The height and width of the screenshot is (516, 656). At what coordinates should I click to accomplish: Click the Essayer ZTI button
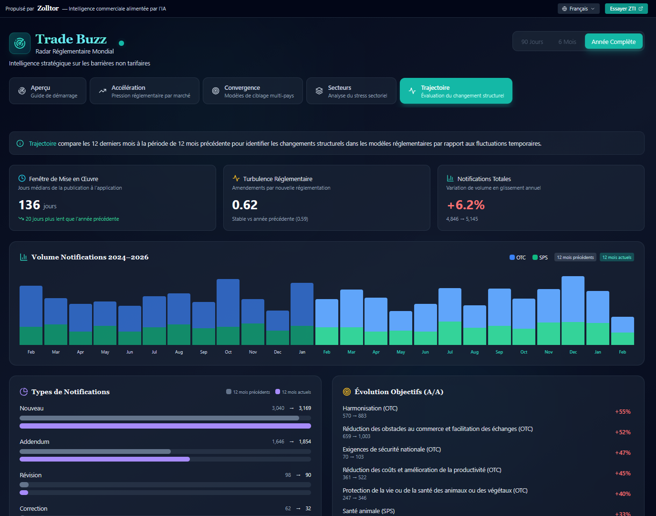626,9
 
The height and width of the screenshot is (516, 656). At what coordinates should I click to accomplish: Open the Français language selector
578,9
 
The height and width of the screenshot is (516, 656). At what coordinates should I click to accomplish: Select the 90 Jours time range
532,42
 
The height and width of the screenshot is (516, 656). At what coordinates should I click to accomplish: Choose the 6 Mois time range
567,42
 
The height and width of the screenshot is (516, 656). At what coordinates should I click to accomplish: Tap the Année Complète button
614,42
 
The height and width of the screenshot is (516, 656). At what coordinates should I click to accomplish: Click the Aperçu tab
48,91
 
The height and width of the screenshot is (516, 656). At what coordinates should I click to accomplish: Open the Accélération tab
145,91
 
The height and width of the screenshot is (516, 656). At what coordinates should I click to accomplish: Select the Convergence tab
253,91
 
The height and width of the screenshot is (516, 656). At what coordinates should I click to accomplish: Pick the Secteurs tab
351,91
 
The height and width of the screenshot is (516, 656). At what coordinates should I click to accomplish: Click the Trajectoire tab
456,91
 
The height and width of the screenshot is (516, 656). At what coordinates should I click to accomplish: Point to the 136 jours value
37,205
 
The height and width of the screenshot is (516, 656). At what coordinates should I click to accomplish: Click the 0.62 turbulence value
245,205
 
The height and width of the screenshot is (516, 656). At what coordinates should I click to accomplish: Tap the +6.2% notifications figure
466,205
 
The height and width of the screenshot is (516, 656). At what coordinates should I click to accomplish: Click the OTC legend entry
518,258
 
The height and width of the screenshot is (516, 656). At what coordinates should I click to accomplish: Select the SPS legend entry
540,258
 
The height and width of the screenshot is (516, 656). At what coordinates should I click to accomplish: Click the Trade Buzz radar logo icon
20,43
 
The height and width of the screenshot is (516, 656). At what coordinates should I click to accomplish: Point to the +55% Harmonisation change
623,411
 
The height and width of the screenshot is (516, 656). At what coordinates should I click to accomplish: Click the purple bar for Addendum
104,459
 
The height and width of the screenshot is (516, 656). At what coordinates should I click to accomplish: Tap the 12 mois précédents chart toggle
575,258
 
